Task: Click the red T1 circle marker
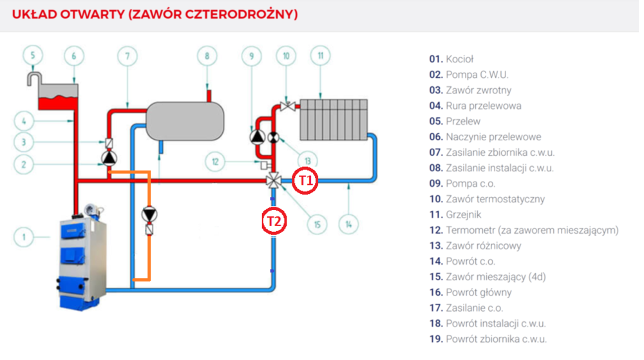tap(305, 182)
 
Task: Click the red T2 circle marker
tap(274, 221)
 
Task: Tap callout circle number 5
tap(33, 56)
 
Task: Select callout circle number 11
tap(320, 56)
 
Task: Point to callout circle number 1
tap(24, 238)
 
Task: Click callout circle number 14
tap(348, 225)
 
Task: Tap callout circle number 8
tap(207, 56)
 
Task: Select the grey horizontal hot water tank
tap(185, 118)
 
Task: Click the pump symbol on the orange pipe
tap(150, 214)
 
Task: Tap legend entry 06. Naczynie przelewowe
tap(485, 137)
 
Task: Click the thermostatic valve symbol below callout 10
tap(287, 105)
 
